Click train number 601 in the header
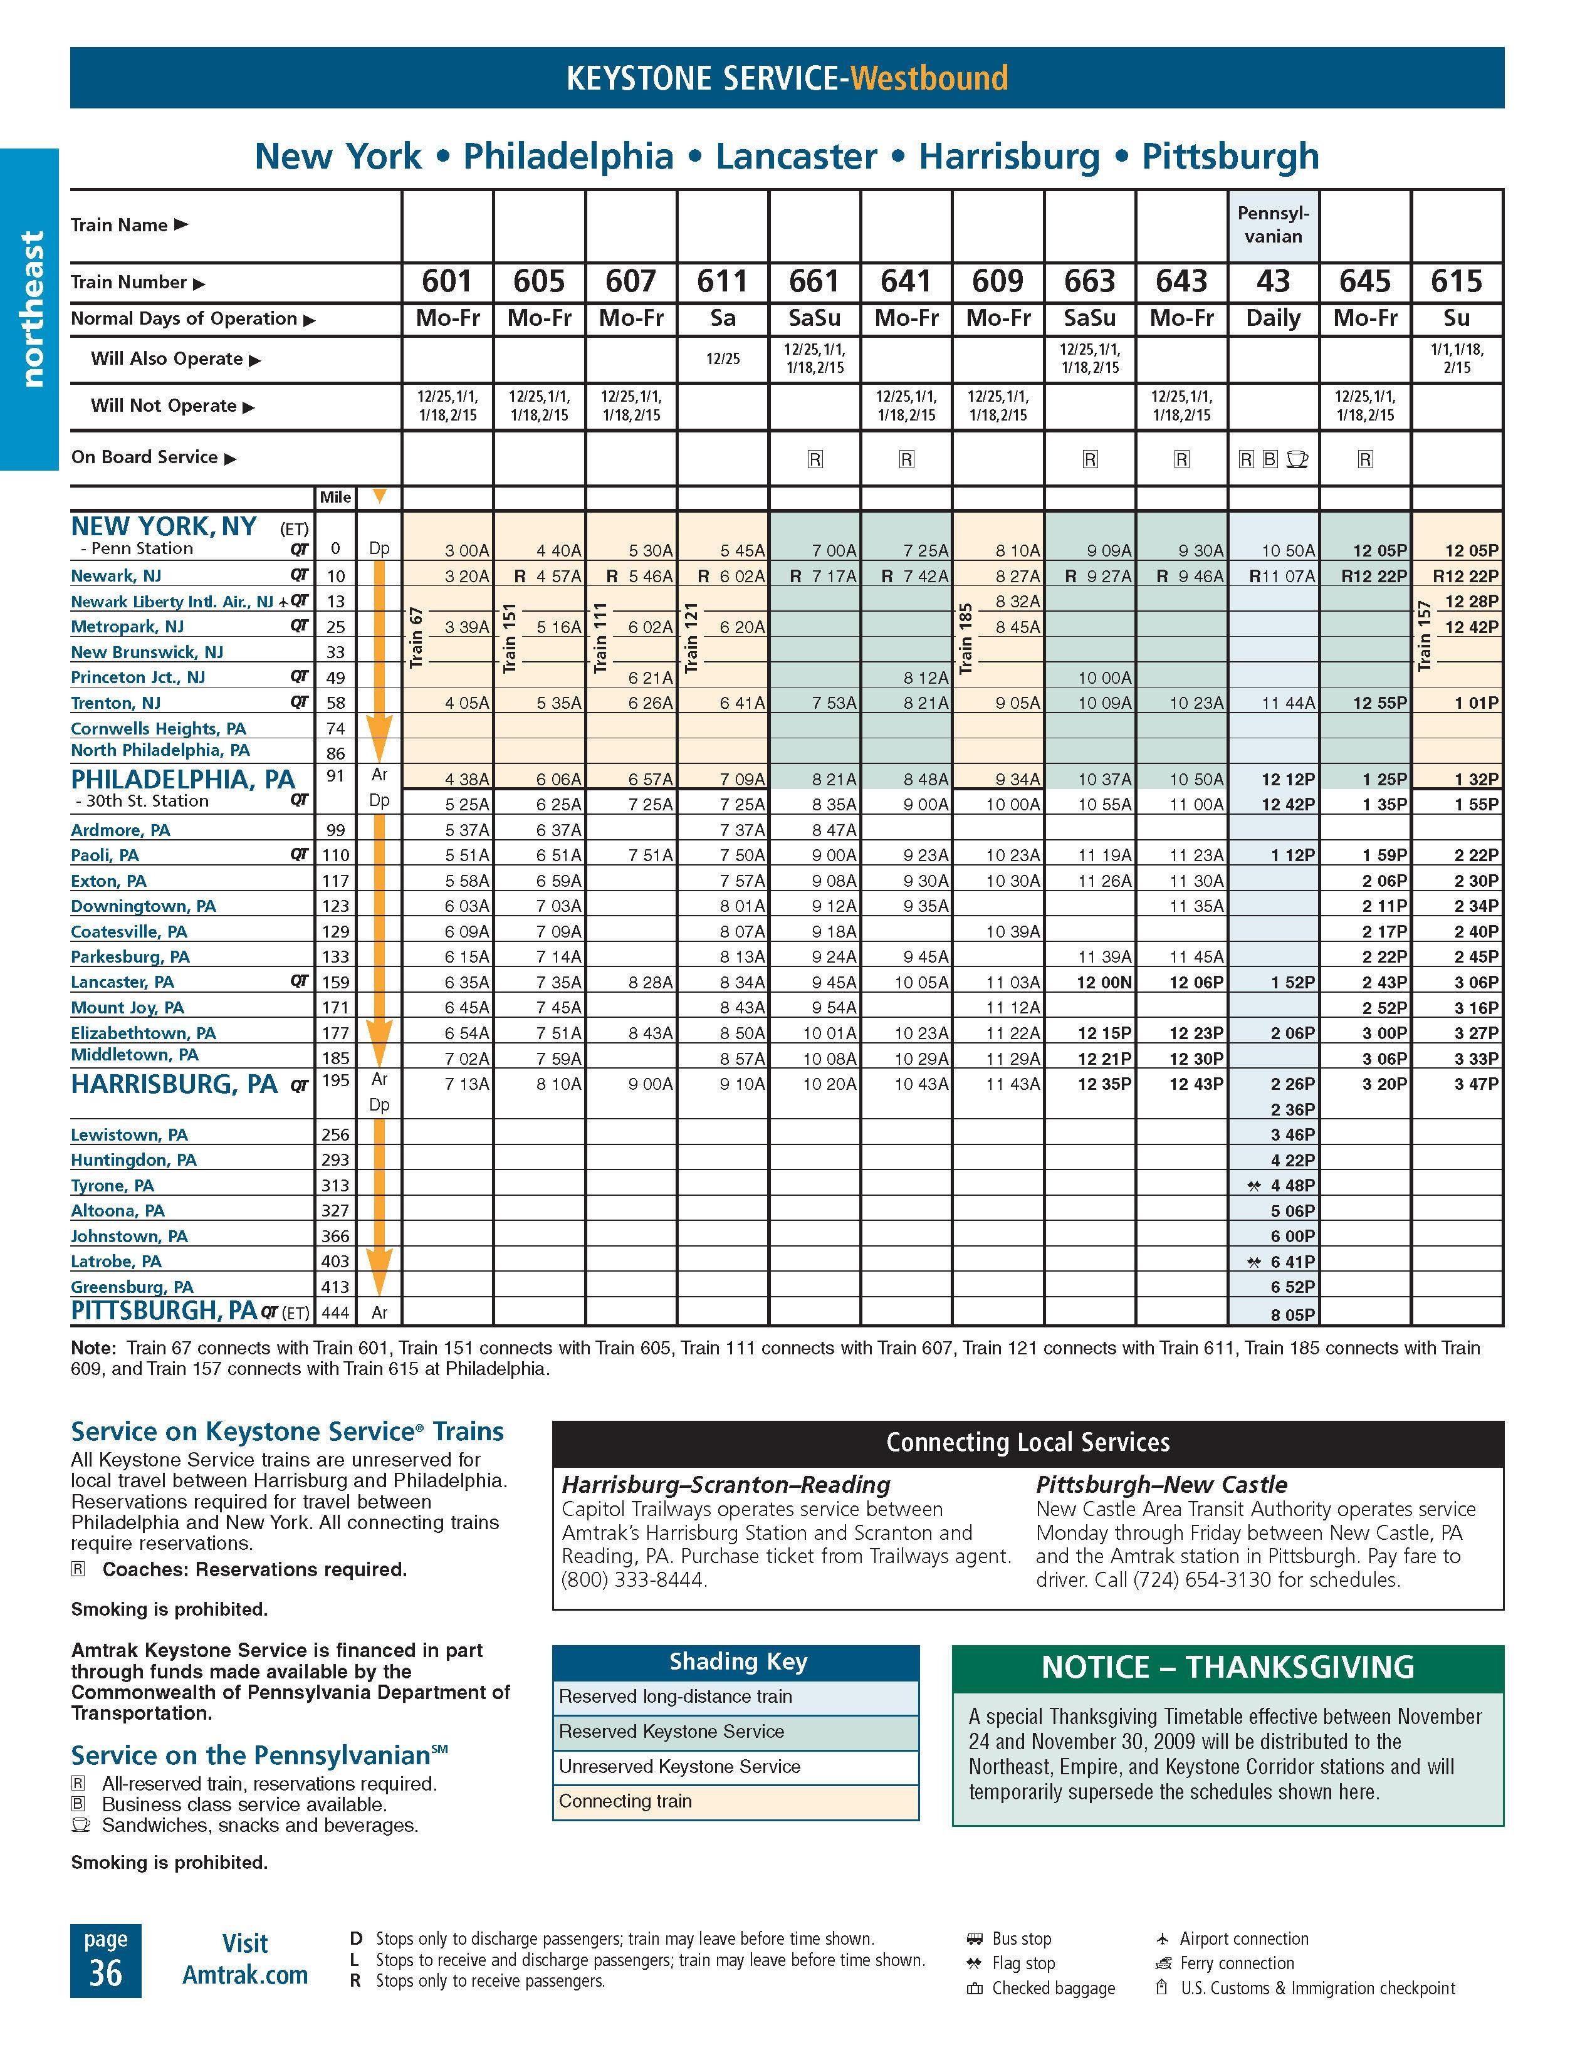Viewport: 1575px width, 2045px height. (447, 281)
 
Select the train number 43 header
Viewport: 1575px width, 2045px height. (1272, 281)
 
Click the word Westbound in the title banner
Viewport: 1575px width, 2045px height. (929, 78)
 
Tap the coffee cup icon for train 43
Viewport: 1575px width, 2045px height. (1297, 459)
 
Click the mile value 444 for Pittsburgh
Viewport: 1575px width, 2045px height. (335, 1313)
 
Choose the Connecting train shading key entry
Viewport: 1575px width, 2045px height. (625, 1802)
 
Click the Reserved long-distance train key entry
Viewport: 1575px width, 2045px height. (675, 1697)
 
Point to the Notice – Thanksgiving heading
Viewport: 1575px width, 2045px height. (1228, 1668)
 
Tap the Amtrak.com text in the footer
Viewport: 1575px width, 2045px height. (245, 1975)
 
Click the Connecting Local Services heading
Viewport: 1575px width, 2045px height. (1027, 1443)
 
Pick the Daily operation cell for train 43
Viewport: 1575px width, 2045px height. (1272, 318)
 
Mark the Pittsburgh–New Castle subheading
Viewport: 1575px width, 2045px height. (1161, 1485)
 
